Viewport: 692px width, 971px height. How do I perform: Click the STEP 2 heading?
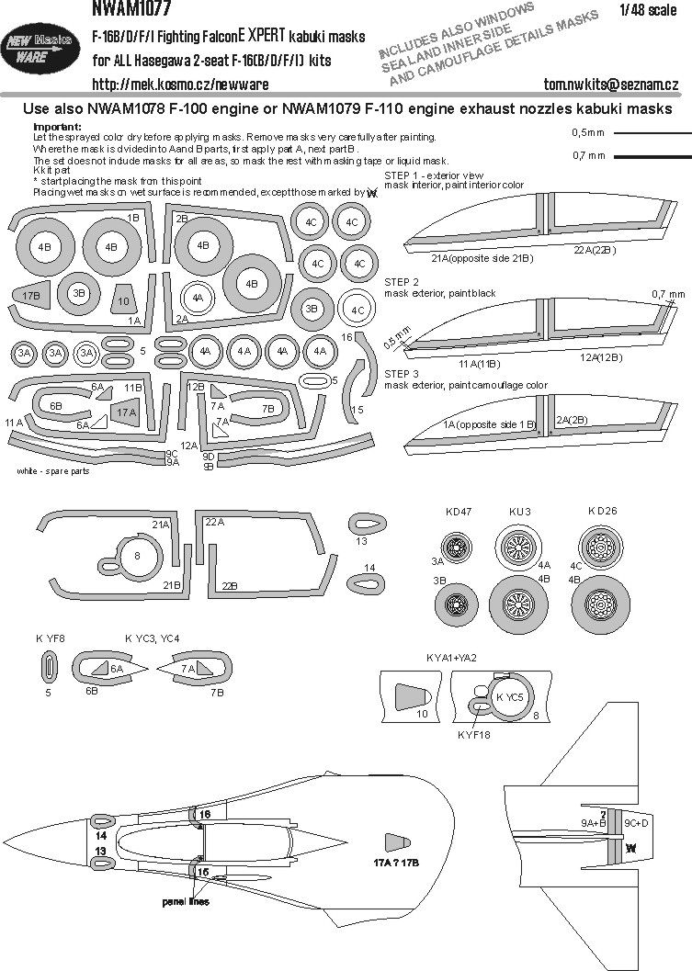[x=402, y=281]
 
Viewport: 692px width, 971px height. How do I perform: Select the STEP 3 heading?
[x=402, y=375]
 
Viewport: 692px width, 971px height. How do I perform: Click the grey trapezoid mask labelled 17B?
[x=32, y=296]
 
